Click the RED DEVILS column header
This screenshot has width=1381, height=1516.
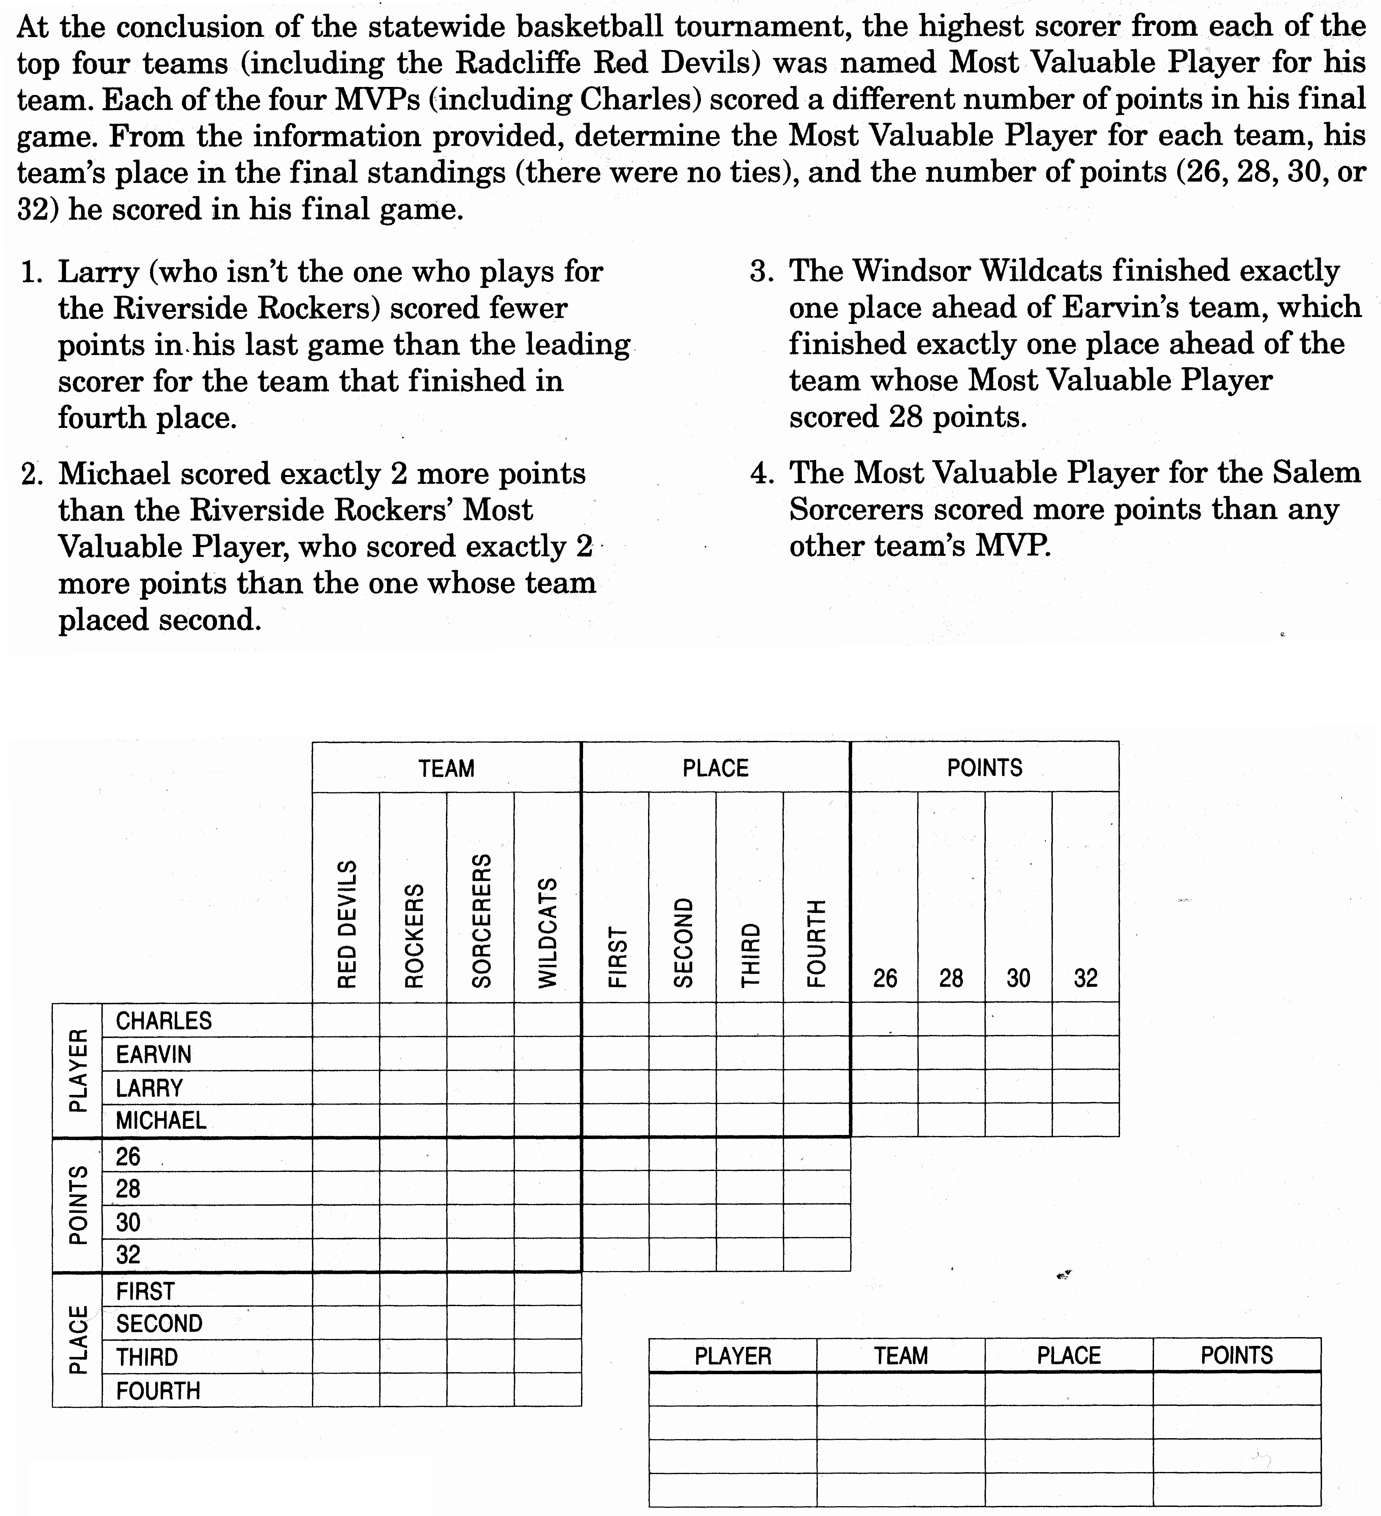coord(347,923)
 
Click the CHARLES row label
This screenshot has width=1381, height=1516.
coord(164,1020)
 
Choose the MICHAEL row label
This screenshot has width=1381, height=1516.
coord(161,1120)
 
